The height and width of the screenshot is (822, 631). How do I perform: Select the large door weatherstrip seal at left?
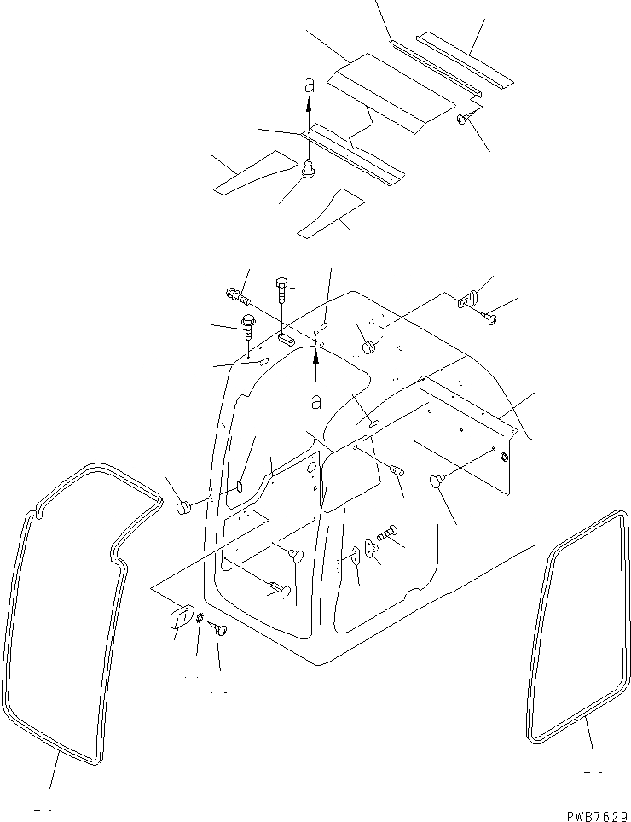(x=68, y=615)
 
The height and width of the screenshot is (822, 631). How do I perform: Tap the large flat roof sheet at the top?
(x=388, y=92)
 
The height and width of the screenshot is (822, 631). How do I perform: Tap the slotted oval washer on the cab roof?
(x=287, y=339)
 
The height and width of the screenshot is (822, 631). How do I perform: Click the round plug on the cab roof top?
(x=370, y=347)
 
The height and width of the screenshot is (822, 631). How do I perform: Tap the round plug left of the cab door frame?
(x=182, y=508)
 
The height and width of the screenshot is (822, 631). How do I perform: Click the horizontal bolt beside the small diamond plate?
(x=389, y=533)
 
